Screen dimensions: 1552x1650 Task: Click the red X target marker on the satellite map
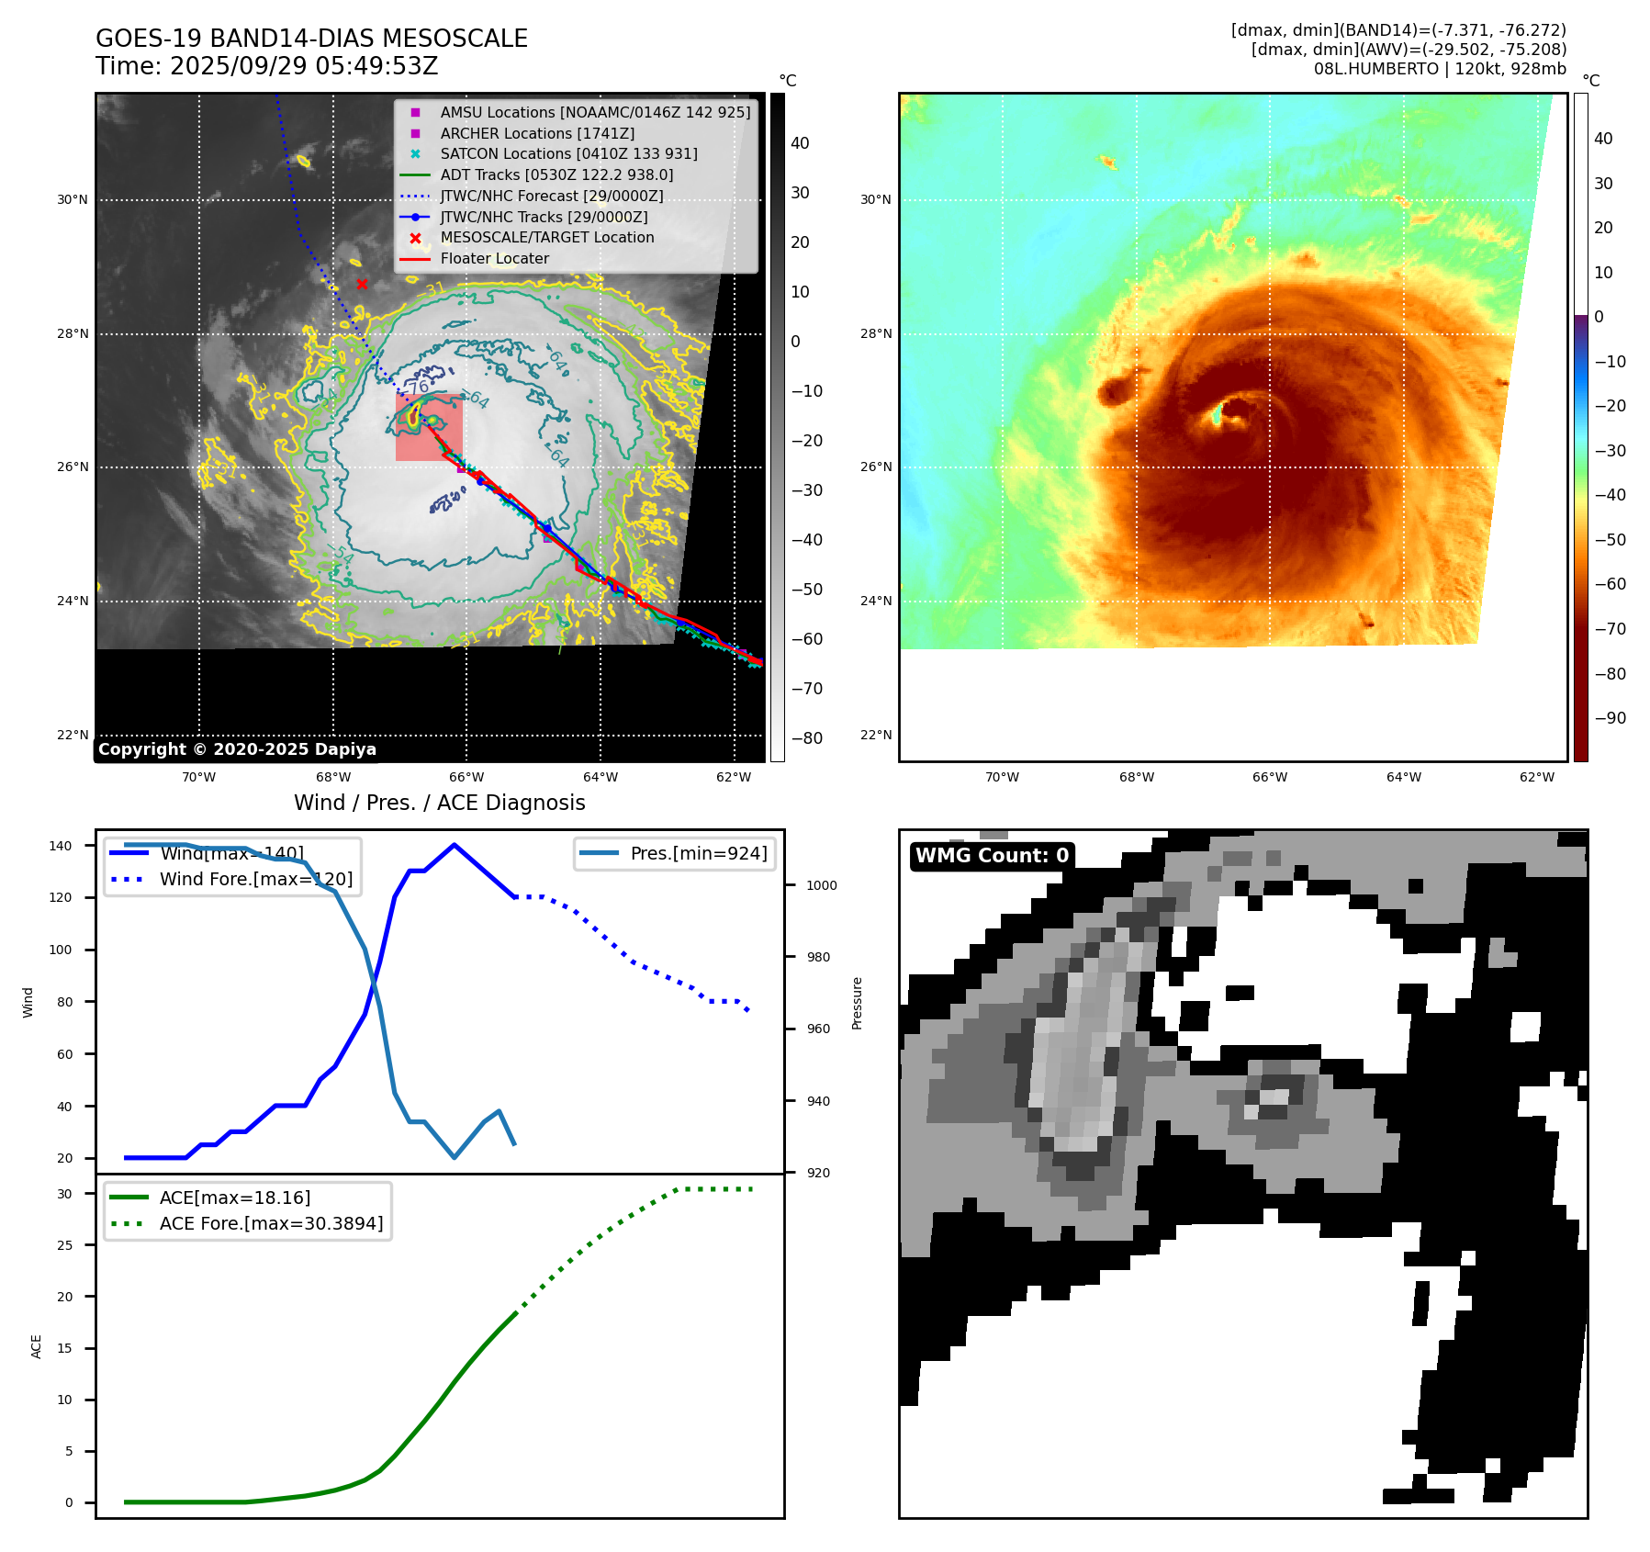click(362, 284)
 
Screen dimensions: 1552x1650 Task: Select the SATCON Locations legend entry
click(568, 153)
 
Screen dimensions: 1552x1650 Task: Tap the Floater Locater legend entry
click(494, 258)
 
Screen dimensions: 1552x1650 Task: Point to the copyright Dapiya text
click(237, 749)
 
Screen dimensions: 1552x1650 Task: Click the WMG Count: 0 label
click(992, 856)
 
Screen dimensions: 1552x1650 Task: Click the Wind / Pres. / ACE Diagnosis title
click(439, 803)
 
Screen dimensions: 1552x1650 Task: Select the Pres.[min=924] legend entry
click(698, 853)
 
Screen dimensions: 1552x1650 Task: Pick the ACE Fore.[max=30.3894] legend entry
click(271, 1223)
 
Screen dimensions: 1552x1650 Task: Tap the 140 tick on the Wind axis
click(61, 846)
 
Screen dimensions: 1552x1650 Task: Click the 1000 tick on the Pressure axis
click(822, 885)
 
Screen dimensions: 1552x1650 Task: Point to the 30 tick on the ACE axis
click(65, 1194)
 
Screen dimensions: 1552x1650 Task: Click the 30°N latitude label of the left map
click(73, 199)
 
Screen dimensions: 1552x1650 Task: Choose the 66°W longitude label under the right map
click(1270, 777)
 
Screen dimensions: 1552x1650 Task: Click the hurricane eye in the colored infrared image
click(1228, 413)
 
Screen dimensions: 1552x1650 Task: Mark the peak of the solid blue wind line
click(455, 845)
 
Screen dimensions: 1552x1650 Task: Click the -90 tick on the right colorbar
click(1610, 718)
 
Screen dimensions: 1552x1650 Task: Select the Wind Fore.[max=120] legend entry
click(255, 879)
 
